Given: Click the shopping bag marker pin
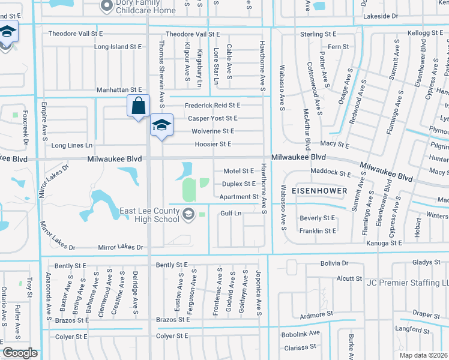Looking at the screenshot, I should tap(138, 106).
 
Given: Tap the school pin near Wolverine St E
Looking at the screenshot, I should tap(161, 125).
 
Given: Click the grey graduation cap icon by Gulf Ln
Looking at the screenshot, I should tap(188, 214).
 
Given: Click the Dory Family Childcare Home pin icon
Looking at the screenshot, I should tap(107, 6).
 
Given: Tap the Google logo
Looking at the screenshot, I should tap(20, 353).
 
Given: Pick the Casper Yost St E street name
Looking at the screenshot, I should tap(211, 118).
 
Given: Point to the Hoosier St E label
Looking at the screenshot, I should tap(212, 144).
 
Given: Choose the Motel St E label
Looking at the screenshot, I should tap(239, 171).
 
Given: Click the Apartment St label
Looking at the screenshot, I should tap(238, 196).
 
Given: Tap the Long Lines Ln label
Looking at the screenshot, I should tap(72, 145).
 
